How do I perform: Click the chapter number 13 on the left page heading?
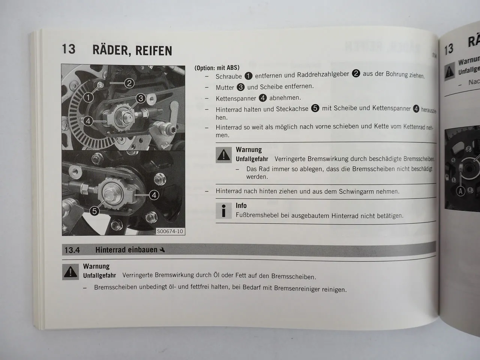click(69, 49)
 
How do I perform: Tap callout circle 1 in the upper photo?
click(88, 97)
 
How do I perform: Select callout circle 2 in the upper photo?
click(129, 83)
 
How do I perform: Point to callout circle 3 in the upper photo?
click(141, 98)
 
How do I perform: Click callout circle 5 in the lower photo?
click(94, 211)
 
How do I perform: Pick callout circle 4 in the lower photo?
click(154, 195)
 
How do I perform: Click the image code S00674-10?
click(170, 231)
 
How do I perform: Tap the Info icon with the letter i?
click(224, 211)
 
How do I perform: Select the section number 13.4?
click(72, 250)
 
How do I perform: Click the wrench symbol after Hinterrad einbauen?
click(162, 250)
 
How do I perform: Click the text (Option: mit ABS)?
click(217, 68)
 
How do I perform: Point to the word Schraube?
click(228, 76)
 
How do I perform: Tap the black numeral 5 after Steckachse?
click(315, 108)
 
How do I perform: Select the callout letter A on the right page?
click(460, 192)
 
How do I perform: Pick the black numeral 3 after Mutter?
click(240, 87)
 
